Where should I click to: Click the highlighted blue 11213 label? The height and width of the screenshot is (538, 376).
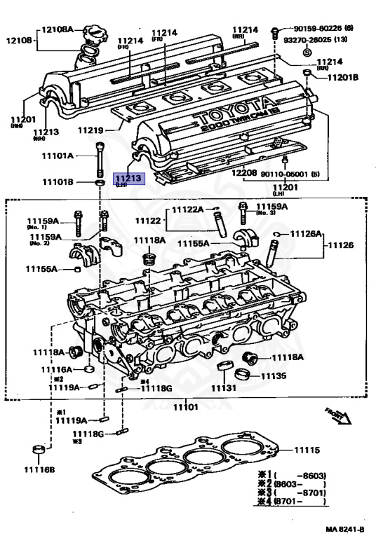[130, 179]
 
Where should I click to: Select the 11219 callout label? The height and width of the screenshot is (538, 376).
[91, 130]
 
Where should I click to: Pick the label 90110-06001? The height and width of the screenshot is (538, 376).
[285, 174]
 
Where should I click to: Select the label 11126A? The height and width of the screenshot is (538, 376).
[306, 233]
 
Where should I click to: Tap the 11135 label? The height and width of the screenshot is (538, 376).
[273, 376]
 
